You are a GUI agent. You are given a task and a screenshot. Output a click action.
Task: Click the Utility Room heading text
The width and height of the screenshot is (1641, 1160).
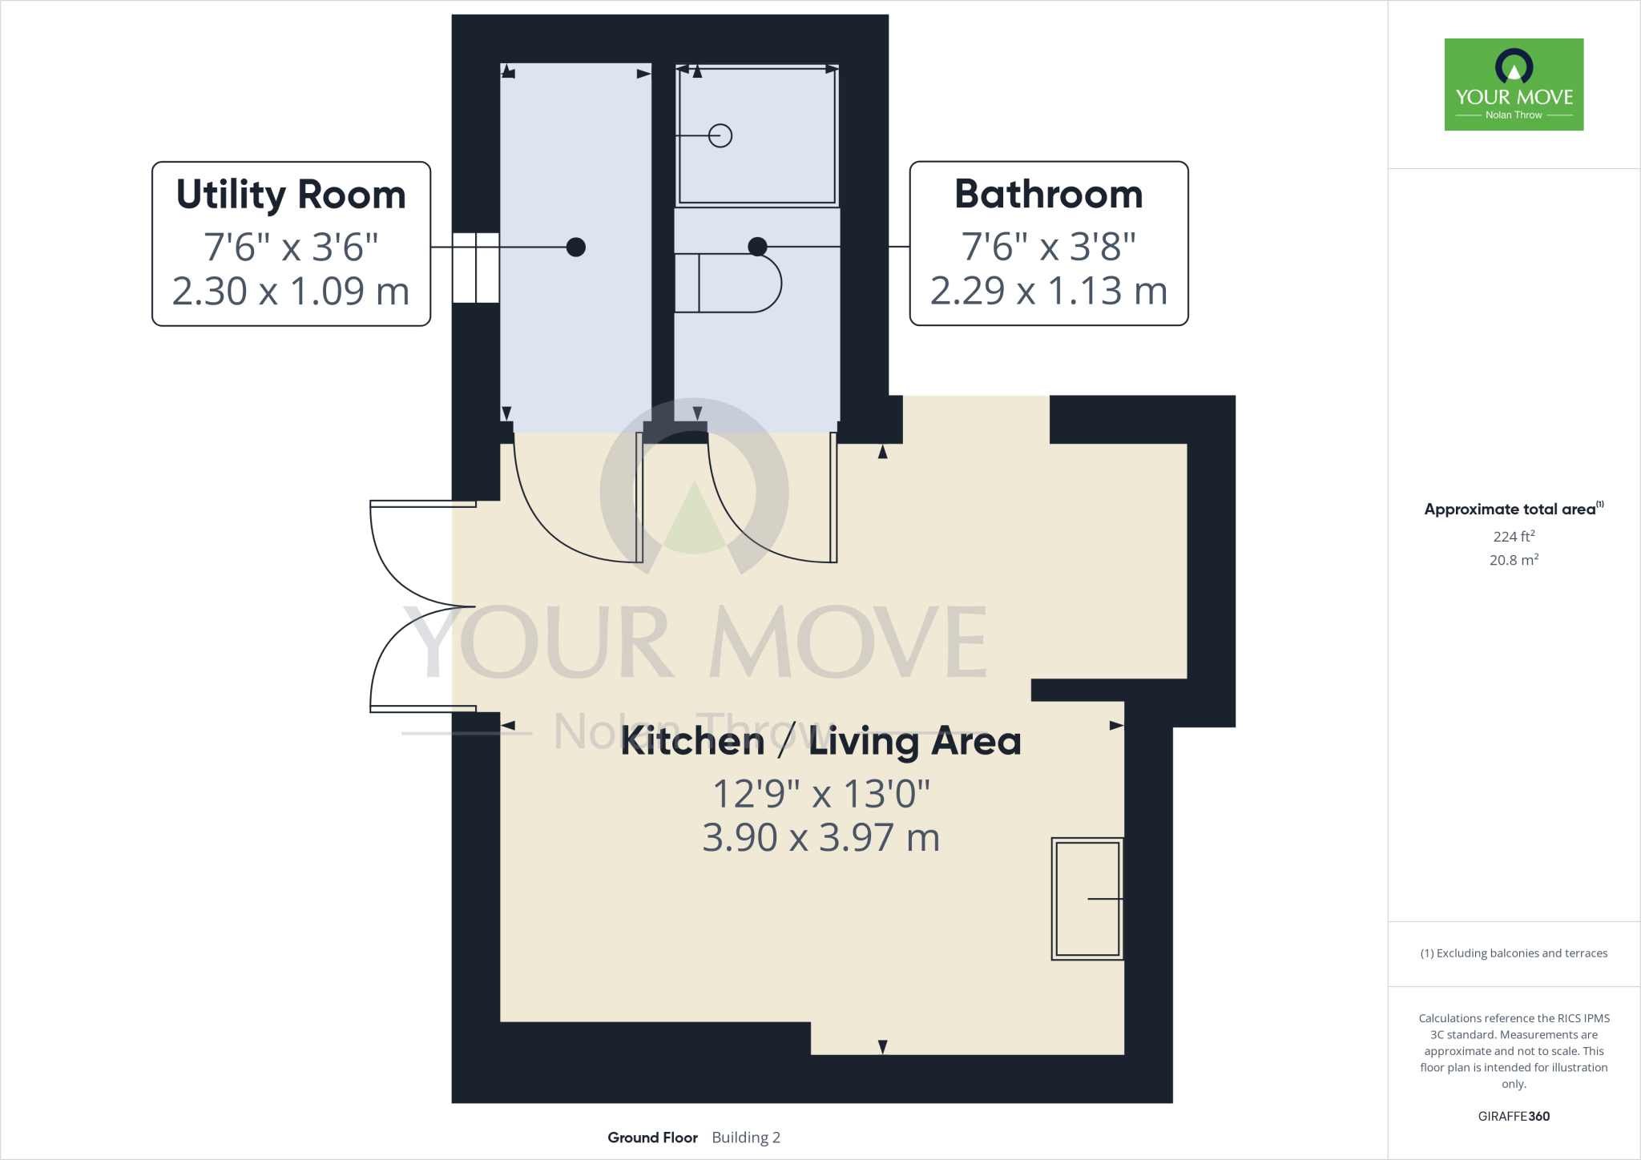coord(291,195)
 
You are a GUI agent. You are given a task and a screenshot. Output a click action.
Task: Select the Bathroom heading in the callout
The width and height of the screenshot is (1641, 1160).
coord(1048,195)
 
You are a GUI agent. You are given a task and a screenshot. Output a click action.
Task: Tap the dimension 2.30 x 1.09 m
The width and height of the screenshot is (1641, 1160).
coord(291,291)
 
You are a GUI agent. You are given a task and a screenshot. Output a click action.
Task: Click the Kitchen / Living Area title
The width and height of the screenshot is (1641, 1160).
coord(820,740)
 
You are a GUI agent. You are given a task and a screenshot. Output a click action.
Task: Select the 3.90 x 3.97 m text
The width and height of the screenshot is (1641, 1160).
coord(820,837)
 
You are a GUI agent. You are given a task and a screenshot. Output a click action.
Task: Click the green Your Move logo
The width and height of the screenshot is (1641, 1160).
coord(1514,84)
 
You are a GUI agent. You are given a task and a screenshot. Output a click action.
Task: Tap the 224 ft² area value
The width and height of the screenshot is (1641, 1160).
coord(1514,536)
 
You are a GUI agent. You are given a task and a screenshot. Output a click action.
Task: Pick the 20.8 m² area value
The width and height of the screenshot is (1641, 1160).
coord(1514,560)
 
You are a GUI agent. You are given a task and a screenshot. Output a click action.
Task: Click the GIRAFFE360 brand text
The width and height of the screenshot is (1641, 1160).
coord(1514,1116)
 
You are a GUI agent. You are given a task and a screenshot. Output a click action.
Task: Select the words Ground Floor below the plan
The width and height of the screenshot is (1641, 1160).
coord(652,1138)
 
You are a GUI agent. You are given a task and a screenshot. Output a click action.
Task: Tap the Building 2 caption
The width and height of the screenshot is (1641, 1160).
coord(746,1138)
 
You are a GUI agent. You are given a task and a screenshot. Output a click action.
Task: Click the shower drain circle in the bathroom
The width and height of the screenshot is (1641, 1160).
coord(720,135)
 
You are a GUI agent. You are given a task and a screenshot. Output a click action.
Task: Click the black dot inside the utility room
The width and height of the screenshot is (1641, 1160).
coord(575,247)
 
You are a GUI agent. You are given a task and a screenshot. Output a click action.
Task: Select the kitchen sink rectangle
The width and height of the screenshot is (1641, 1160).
coord(1087,899)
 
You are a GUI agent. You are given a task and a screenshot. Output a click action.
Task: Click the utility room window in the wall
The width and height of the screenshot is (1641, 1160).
coord(476,268)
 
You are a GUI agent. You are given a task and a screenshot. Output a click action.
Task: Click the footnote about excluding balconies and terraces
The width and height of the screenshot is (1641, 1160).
coord(1514,953)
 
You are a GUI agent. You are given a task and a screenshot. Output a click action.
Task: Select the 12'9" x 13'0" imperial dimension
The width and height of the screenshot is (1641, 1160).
coord(820,794)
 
